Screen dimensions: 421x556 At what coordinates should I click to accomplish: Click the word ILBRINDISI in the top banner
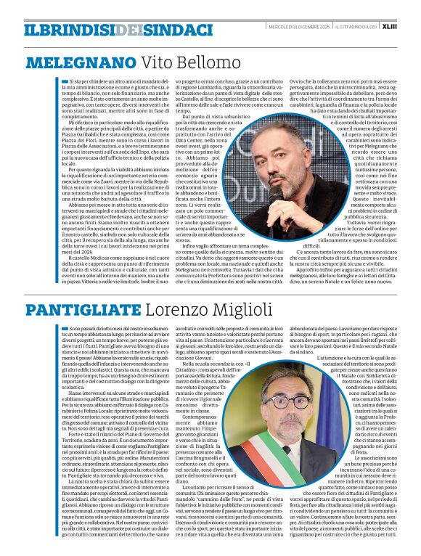coord(69,30)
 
